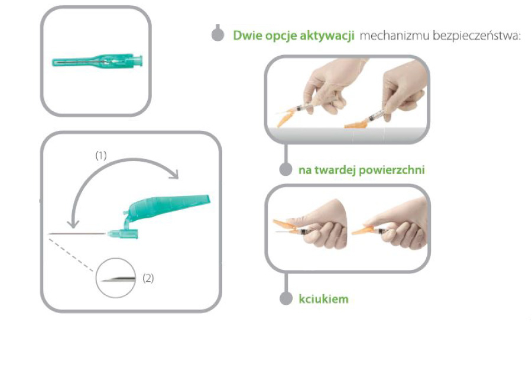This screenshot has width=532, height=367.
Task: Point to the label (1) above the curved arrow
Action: tap(101, 156)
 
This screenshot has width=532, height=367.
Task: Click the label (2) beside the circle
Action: tap(148, 278)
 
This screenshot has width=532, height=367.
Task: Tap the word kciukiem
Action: tap(323, 299)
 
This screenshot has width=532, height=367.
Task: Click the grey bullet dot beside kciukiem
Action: tap(286, 298)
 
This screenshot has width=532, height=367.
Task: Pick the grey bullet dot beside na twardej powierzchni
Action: tap(286, 169)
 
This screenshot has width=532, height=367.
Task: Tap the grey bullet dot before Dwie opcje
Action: tap(218, 35)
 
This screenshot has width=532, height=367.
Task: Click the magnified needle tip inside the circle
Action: tap(119, 279)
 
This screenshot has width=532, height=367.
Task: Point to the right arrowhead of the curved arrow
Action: tap(173, 173)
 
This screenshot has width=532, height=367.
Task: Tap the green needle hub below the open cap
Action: tap(122, 234)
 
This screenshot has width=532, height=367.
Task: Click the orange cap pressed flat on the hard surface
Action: tap(356, 125)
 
